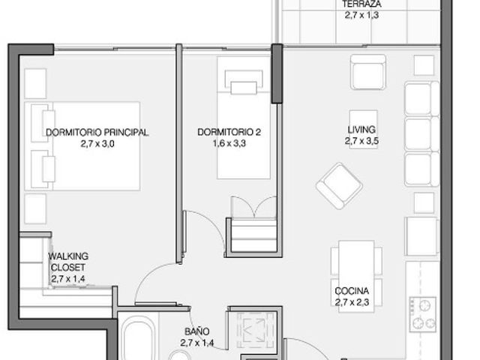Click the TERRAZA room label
click(361, 4)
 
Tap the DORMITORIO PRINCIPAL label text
click(97, 133)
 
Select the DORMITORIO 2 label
click(229, 132)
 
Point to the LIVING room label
click(361, 130)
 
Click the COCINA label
click(352, 291)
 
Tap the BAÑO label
click(197, 331)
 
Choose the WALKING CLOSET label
click(68, 262)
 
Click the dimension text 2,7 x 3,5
click(361, 141)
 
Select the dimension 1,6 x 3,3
click(229, 143)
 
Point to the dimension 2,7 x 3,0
click(97, 143)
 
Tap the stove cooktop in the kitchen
click(423, 314)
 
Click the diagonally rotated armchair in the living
click(339, 186)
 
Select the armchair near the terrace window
click(368, 72)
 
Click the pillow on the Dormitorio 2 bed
click(244, 88)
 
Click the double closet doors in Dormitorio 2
click(253, 207)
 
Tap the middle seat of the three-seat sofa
click(418, 133)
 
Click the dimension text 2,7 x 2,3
click(352, 302)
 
